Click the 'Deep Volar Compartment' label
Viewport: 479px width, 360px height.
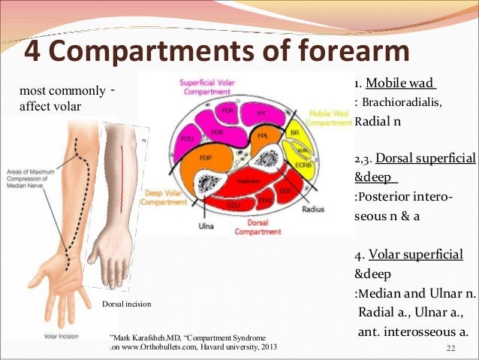pos(161,197)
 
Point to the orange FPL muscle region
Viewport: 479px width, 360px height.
pos(263,139)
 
